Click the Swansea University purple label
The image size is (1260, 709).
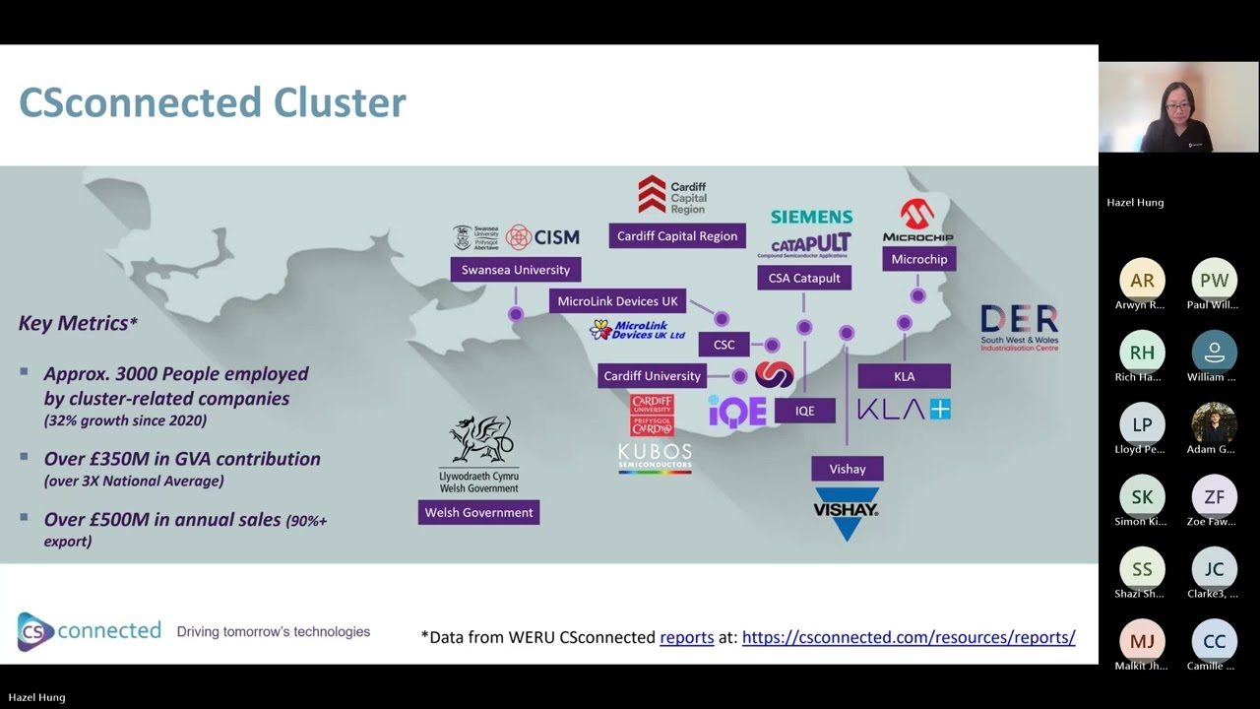pyautogui.click(x=516, y=270)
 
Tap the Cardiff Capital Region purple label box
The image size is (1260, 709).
pyautogui.click(x=677, y=236)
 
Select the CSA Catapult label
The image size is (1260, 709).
pyautogui.click(x=804, y=278)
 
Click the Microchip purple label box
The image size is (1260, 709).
pyautogui.click(x=918, y=259)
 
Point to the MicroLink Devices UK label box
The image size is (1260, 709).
pyautogui.click(x=618, y=301)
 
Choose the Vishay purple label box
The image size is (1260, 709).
pyautogui.click(x=847, y=469)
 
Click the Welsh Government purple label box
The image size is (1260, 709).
pyautogui.click(x=478, y=512)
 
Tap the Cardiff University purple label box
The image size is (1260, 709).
pyautogui.click(x=652, y=376)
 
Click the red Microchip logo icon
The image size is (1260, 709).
pyautogui.click(x=917, y=214)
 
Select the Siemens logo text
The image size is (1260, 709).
pyautogui.click(x=811, y=217)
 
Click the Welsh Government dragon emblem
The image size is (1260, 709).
pyautogui.click(x=479, y=440)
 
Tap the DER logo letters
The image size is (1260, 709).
pyautogui.click(x=1019, y=320)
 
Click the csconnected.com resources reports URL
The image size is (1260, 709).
pyautogui.click(x=908, y=637)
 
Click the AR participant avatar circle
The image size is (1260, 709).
pyautogui.click(x=1142, y=281)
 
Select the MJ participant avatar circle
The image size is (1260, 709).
pyautogui.click(x=1142, y=641)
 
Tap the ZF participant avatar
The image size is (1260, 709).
pyautogui.click(x=1214, y=497)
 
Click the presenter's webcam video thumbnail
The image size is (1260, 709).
pyautogui.click(x=1178, y=107)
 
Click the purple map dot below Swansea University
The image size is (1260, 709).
pyautogui.click(x=516, y=314)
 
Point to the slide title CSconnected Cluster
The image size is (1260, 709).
pyautogui.click(x=213, y=102)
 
